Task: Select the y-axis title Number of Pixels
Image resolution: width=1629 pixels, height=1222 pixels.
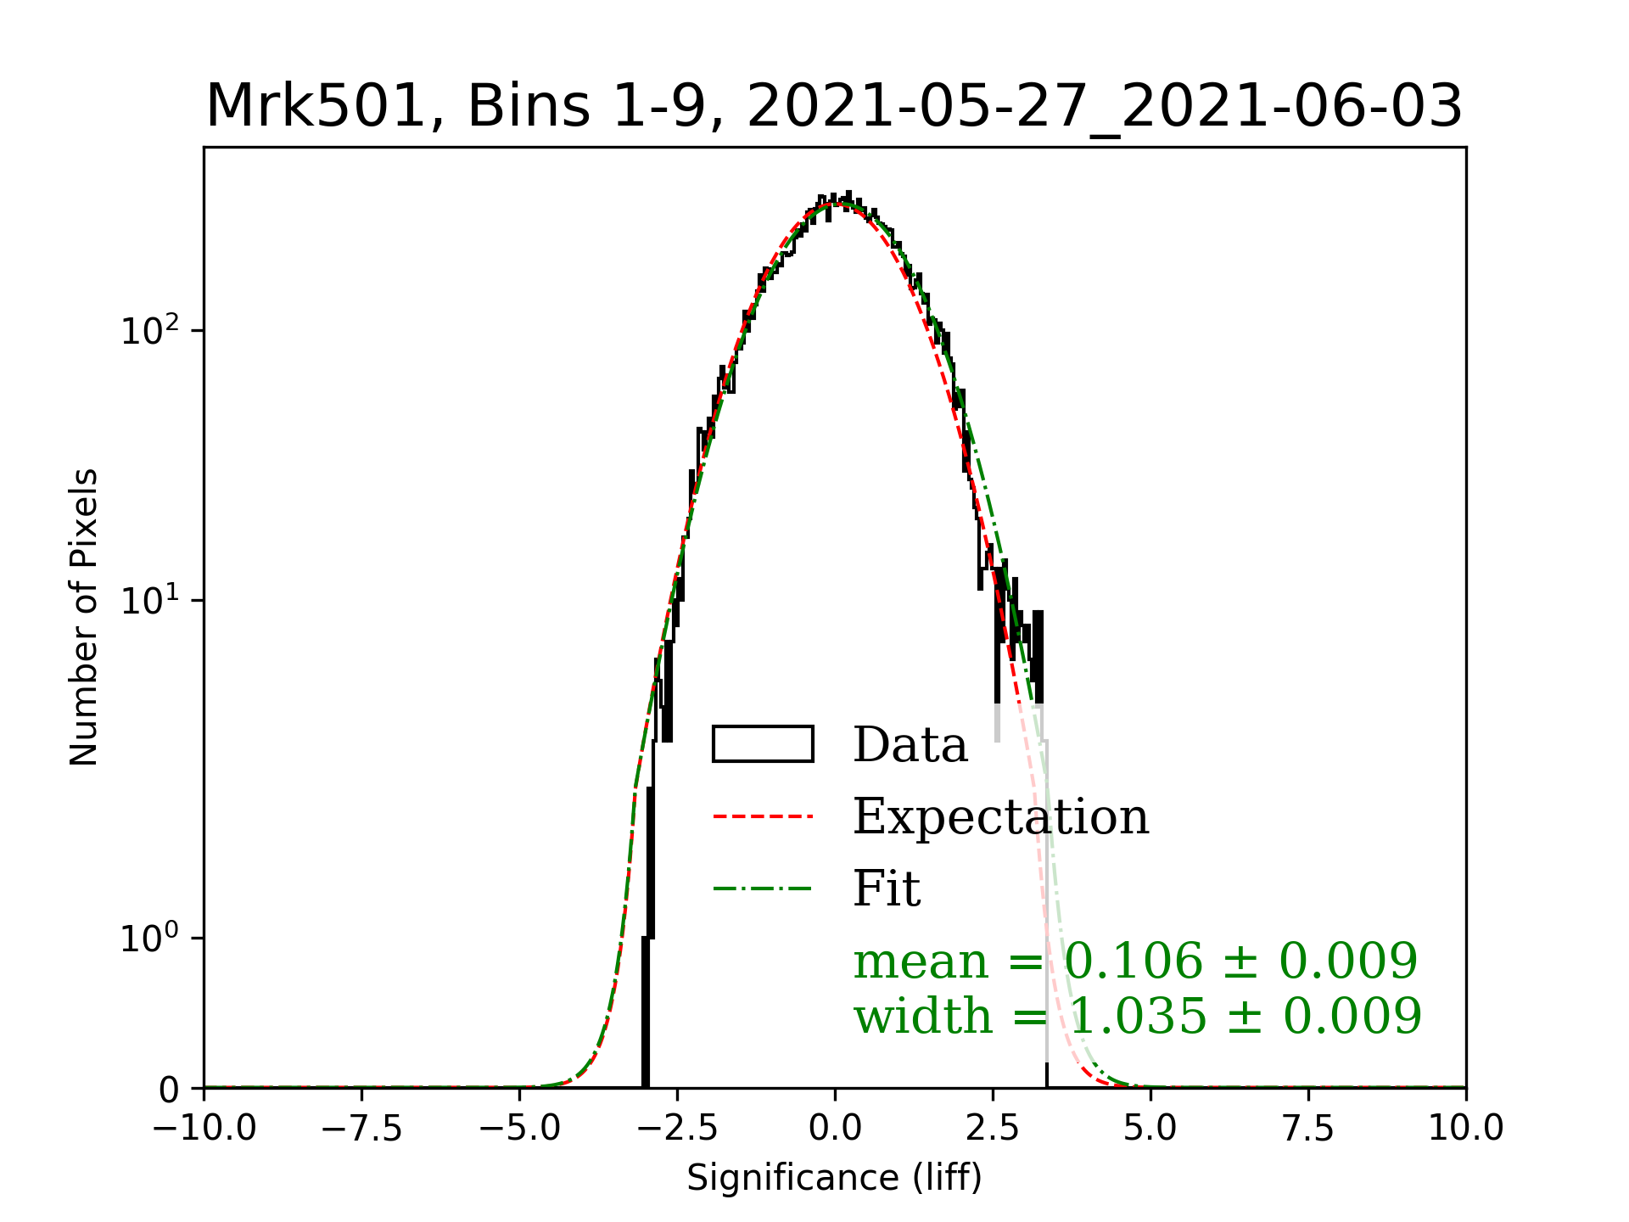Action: (84, 617)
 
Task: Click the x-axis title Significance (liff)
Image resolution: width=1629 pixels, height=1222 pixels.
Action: (834, 1178)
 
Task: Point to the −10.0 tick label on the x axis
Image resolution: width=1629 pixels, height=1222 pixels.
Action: (204, 1128)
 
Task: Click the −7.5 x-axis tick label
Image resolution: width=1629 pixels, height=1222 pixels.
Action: (361, 1128)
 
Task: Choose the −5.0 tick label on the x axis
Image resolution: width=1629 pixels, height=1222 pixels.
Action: (519, 1128)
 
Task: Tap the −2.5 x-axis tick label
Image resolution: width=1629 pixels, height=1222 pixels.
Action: (677, 1128)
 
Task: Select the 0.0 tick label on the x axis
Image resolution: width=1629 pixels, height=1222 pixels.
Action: (835, 1128)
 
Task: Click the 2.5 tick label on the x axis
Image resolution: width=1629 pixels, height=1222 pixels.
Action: (993, 1128)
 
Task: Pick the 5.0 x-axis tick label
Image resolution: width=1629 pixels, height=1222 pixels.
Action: (1150, 1128)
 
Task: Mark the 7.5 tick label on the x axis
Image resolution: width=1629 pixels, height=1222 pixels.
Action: (1308, 1128)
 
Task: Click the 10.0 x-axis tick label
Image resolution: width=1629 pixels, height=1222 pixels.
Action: (1466, 1128)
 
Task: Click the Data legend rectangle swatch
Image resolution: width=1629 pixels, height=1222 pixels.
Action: (763, 744)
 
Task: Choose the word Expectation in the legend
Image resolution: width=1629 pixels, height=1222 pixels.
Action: (1000, 816)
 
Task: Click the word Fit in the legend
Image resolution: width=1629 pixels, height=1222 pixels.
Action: (887, 888)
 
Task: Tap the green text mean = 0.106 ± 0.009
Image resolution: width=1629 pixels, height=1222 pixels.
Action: (1135, 961)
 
